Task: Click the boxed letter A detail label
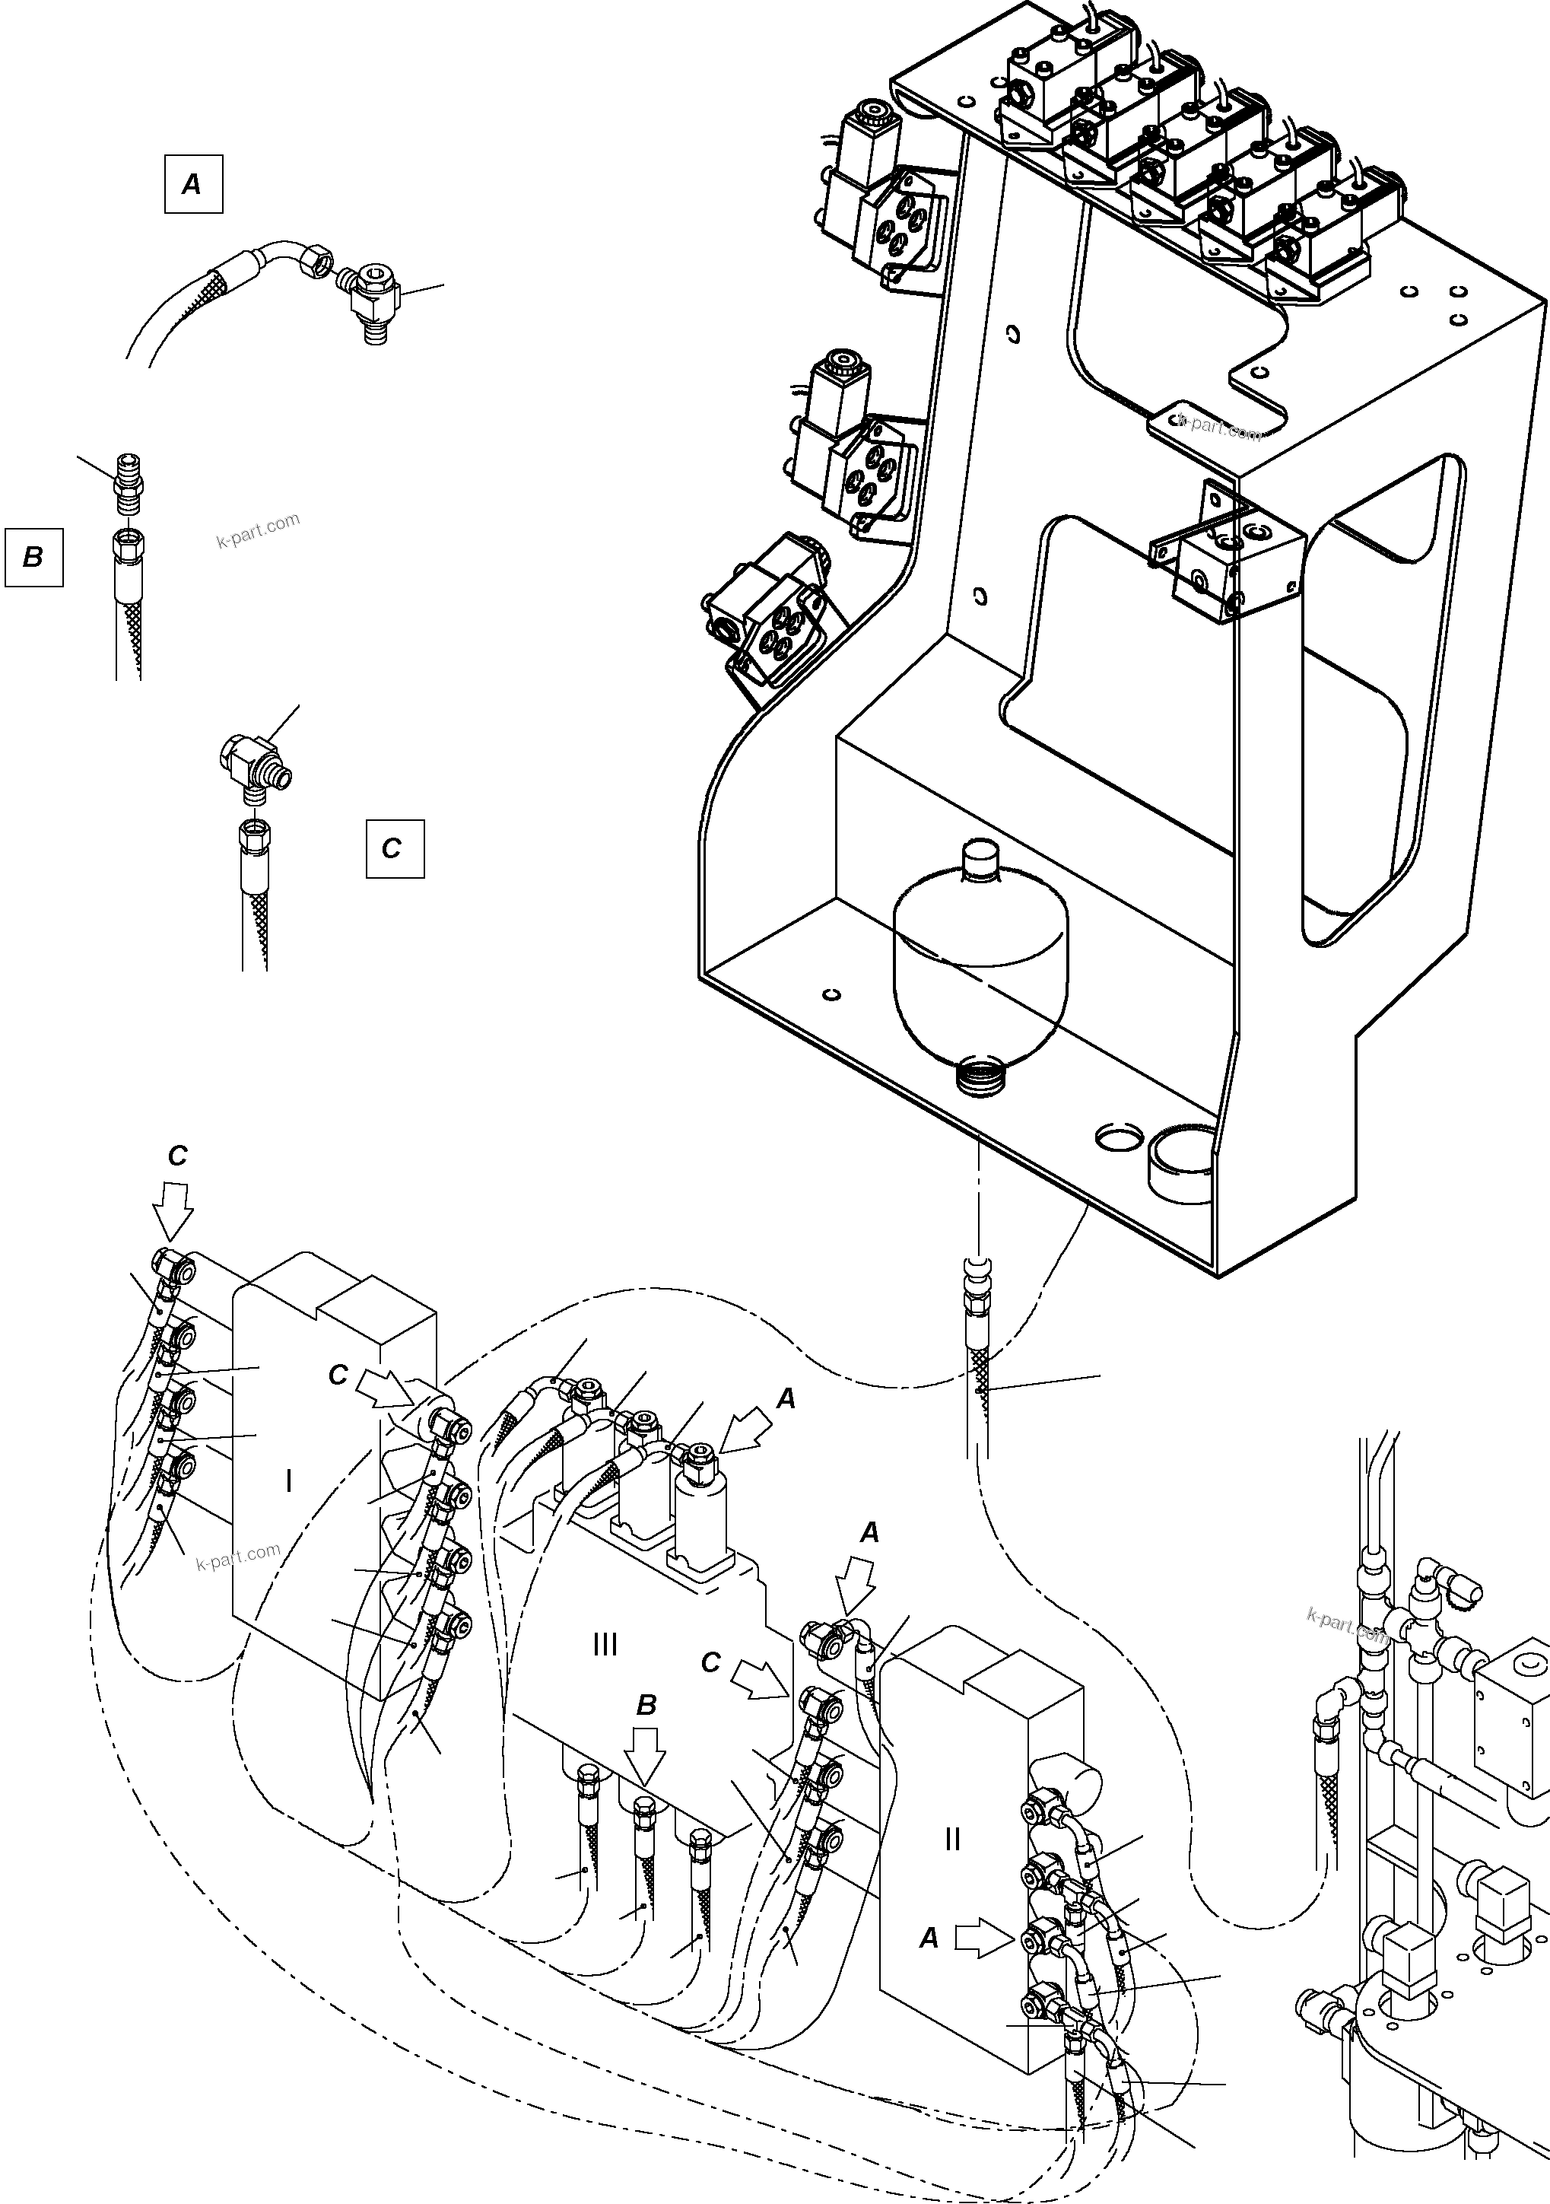(193, 183)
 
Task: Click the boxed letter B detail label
(33, 557)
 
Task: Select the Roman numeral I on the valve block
(289, 1481)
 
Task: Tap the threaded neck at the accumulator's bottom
(983, 1072)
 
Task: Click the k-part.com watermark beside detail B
(257, 529)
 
